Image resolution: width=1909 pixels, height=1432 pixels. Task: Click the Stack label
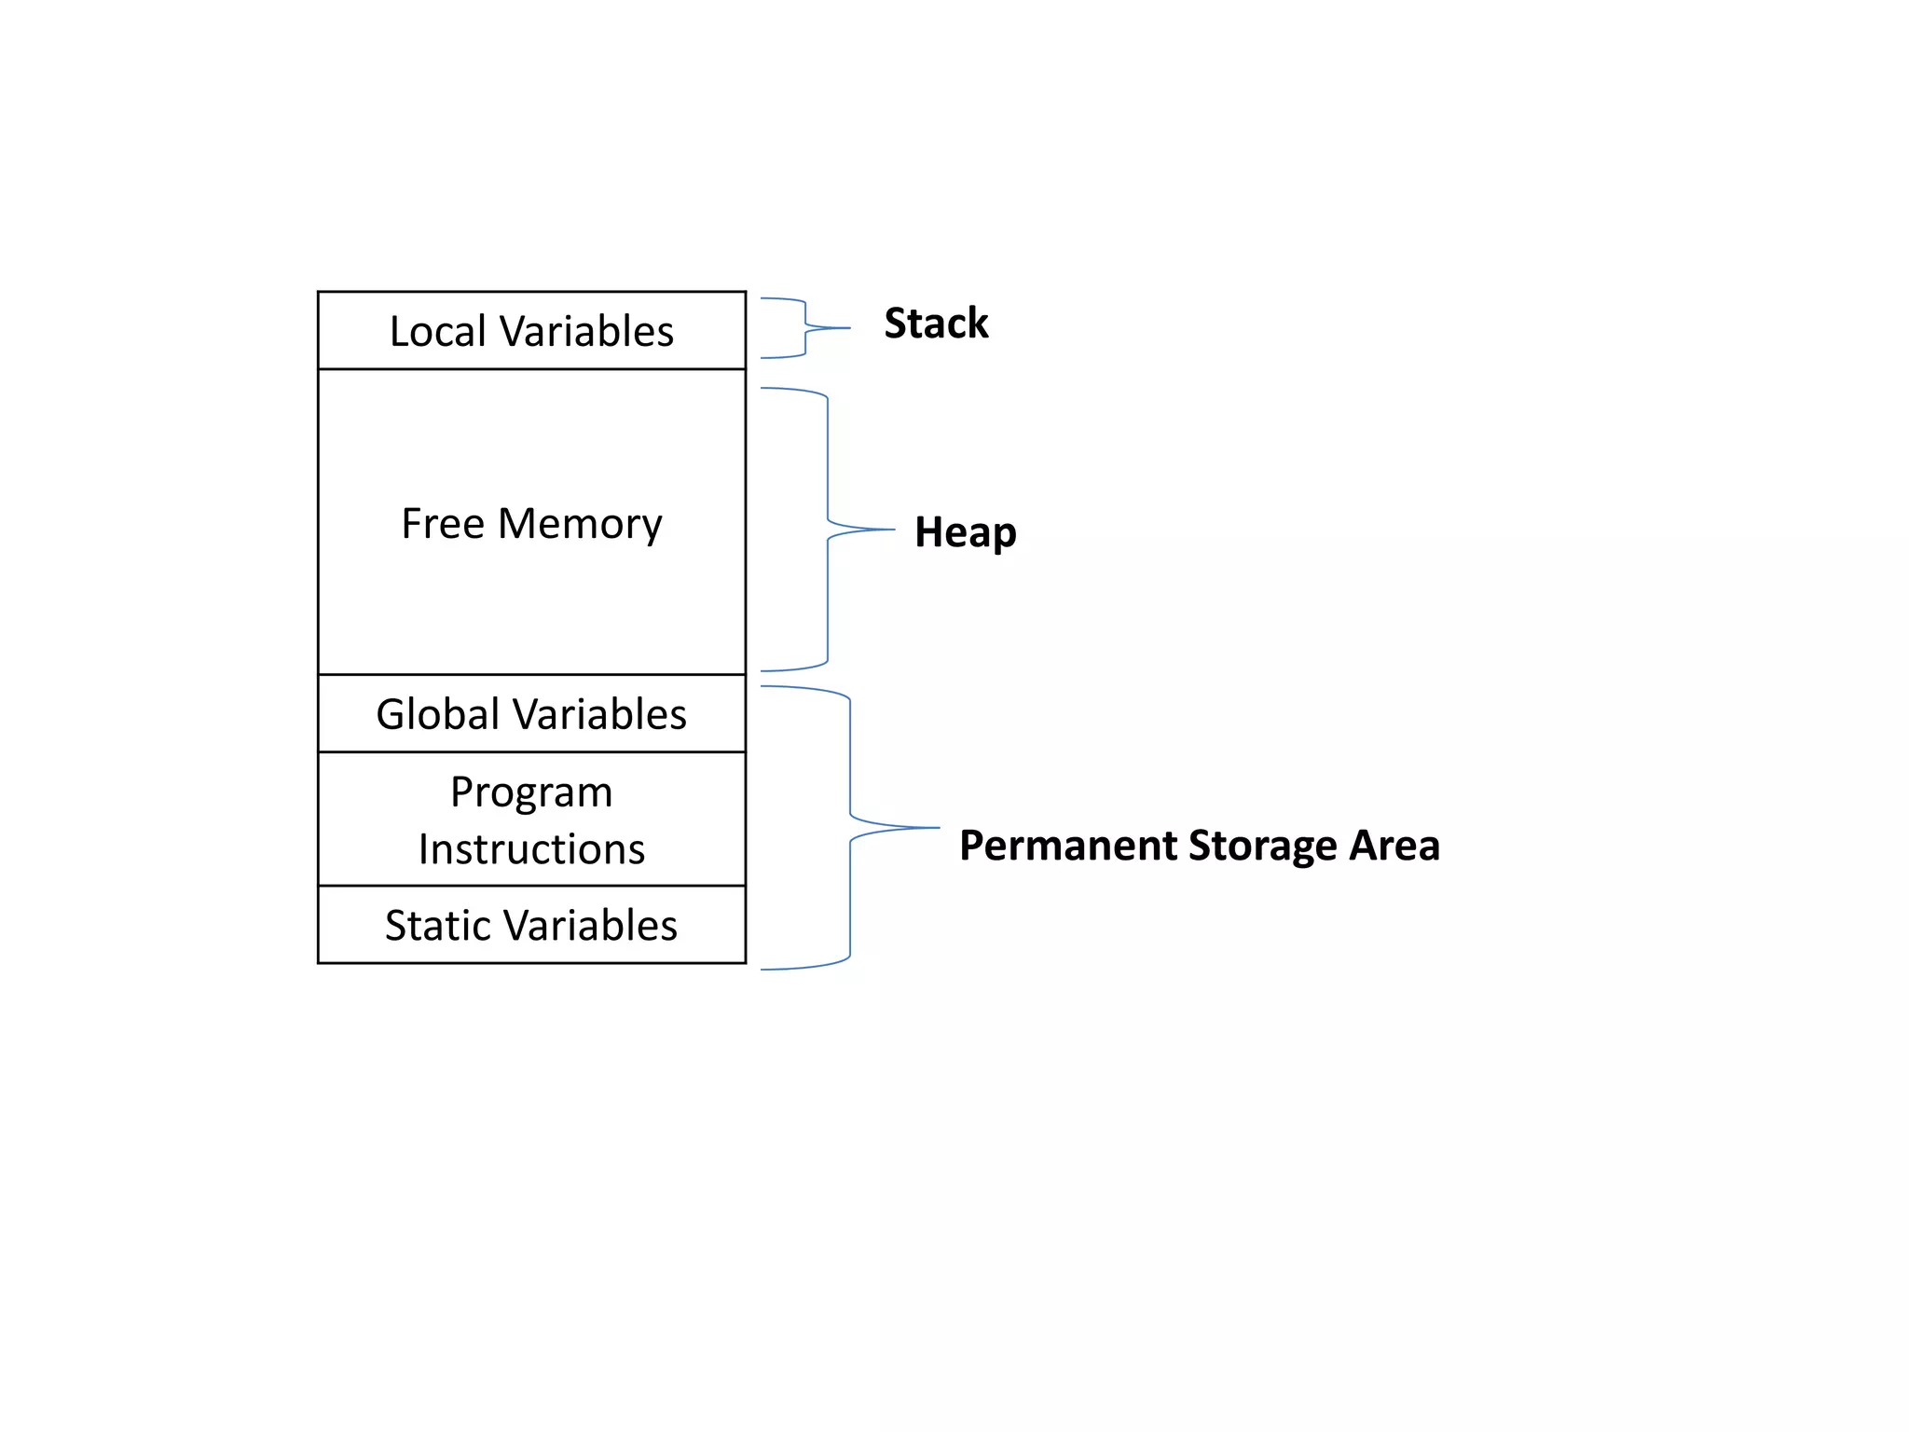coord(936,324)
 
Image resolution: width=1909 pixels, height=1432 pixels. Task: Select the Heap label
coord(965,532)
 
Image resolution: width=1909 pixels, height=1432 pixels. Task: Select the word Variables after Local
coord(586,332)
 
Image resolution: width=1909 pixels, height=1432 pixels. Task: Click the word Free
coord(443,523)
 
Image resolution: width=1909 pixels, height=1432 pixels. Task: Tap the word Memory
coord(580,525)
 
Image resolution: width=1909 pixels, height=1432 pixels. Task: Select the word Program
coord(531,793)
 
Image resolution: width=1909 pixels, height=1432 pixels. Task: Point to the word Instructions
coord(531,849)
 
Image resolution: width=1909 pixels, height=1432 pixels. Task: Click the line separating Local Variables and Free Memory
coord(531,369)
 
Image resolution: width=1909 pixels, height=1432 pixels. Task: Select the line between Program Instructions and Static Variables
coord(531,886)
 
